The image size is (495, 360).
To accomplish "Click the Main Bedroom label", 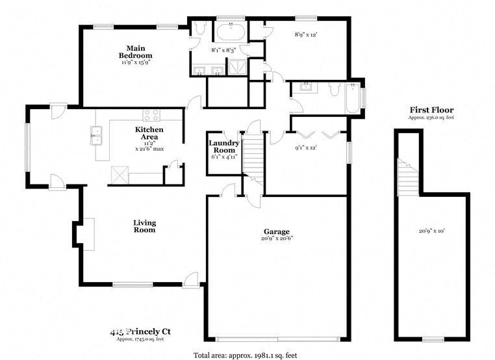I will (135, 52).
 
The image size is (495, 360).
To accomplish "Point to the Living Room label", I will (144, 226).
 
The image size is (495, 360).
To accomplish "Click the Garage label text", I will (276, 231).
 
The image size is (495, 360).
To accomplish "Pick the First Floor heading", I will (431, 110).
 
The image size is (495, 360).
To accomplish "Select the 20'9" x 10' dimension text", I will (431, 230).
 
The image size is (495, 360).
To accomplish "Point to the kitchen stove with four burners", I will (151, 115).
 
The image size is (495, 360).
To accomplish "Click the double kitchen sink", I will (97, 136).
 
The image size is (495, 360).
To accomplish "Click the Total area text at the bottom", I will (245, 355).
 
